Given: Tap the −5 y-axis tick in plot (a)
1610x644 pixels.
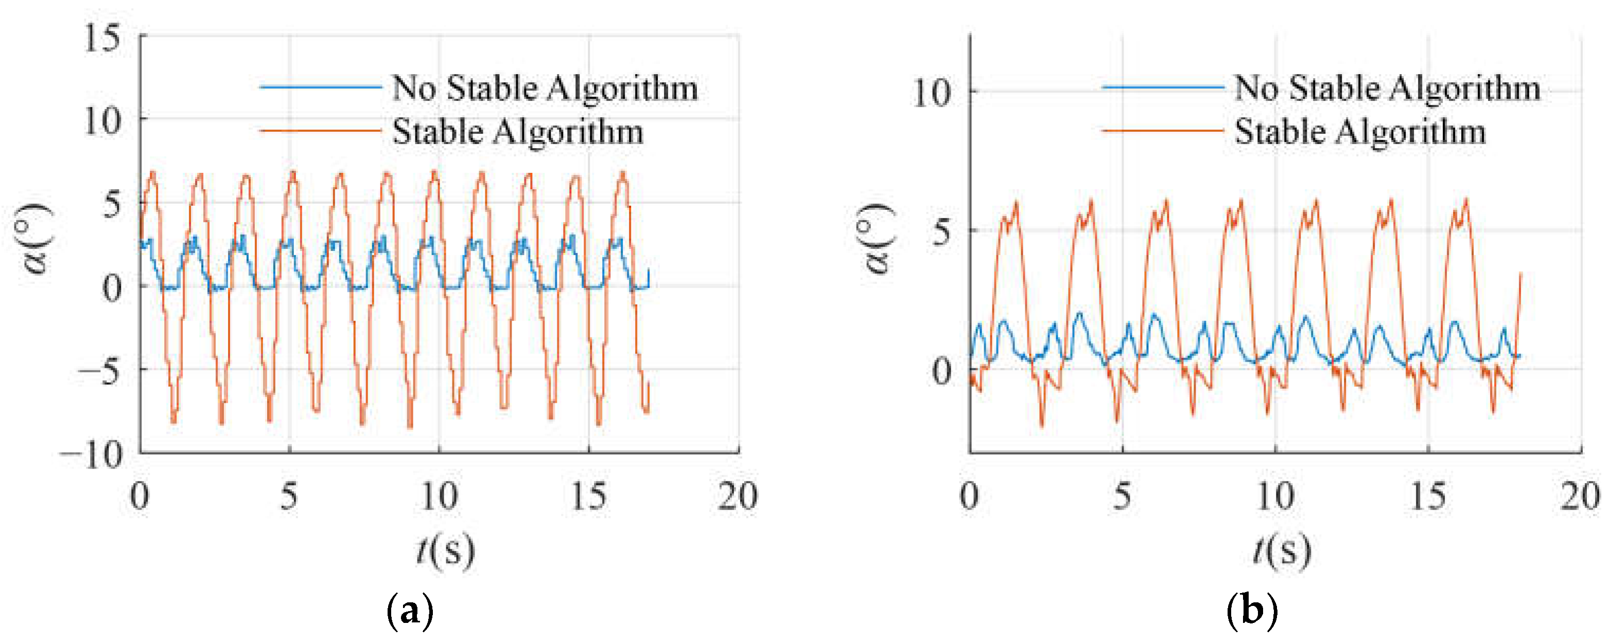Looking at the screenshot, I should pos(98,372).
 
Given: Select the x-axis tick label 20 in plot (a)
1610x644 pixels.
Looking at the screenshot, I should pos(738,496).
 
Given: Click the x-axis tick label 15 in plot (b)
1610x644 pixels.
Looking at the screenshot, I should pos(1429,496).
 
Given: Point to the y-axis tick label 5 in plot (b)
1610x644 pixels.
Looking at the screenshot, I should pos(941,232).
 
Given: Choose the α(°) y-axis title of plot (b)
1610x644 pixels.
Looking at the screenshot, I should pos(878,239).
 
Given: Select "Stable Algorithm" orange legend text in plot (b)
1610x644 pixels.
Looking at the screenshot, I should pos(1360,132).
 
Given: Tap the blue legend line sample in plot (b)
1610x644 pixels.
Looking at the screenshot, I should pos(1163,87).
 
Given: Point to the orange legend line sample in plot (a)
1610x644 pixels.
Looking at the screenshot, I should pos(320,131).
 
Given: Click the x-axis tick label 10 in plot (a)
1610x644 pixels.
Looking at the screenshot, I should pos(438,496).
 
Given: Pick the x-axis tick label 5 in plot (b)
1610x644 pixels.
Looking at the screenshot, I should pos(1123,496).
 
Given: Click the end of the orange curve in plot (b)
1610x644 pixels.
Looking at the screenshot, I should pos(1520,273).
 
